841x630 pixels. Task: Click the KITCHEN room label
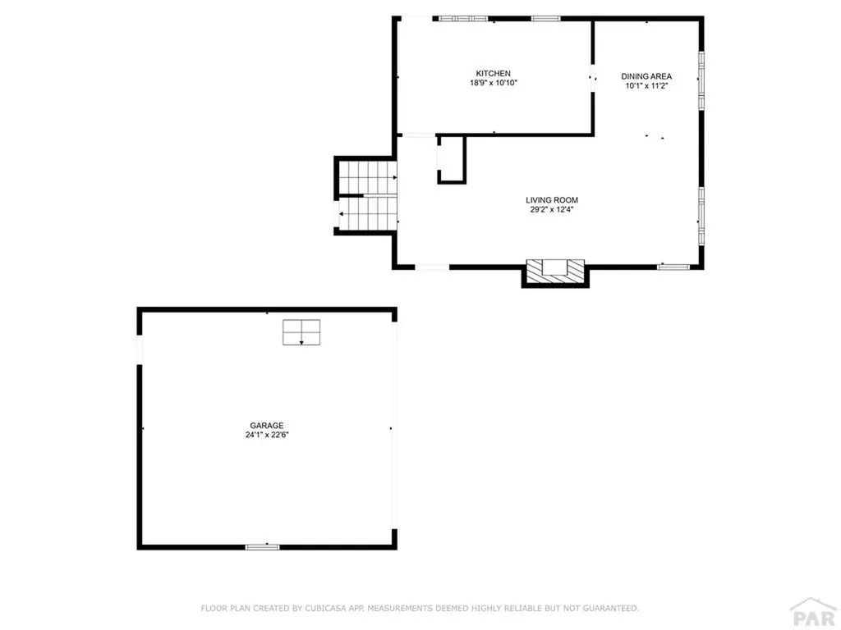click(x=493, y=74)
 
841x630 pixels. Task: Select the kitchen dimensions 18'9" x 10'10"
click(x=493, y=83)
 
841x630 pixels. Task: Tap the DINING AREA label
click(x=646, y=76)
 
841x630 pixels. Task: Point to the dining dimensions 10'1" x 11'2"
click(x=646, y=85)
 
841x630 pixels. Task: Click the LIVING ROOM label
click(x=552, y=199)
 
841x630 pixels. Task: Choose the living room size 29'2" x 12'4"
click(x=552, y=209)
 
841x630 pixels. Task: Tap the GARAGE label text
click(x=267, y=425)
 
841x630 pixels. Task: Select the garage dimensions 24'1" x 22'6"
click(x=267, y=435)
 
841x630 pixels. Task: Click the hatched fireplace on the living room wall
click(x=555, y=270)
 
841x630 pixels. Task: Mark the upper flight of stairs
click(x=368, y=176)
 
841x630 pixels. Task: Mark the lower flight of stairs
click(x=368, y=213)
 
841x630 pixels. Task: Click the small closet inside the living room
click(x=451, y=158)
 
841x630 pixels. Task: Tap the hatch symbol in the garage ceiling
click(x=301, y=332)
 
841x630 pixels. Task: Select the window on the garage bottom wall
click(x=263, y=546)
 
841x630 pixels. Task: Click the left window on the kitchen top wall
click(x=464, y=18)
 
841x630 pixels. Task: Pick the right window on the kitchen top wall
click(x=545, y=18)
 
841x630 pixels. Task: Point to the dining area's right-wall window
click(x=701, y=80)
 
